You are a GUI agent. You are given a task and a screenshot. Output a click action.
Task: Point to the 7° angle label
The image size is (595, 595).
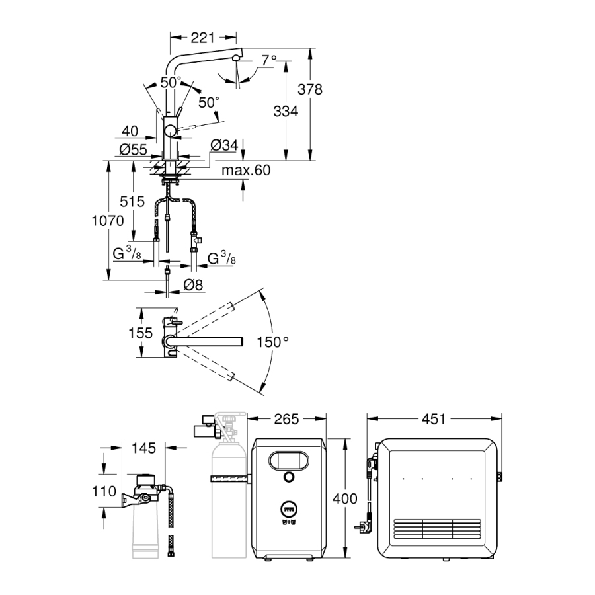[268, 61]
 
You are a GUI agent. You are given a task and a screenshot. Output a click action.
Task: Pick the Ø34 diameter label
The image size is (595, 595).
[224, 145]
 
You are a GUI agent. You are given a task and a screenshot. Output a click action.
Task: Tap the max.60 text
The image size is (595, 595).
[246, 171]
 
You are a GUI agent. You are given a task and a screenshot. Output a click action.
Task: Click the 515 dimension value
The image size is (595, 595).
[132, 202]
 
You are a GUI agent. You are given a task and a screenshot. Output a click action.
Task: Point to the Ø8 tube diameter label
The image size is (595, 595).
[192, 286]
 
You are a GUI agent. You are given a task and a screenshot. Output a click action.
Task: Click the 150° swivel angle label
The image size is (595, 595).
[273, 342]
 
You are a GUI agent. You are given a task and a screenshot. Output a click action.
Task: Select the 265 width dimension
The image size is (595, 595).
[286, 419]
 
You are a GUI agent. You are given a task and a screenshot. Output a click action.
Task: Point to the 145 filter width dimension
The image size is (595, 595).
[143, 448]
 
